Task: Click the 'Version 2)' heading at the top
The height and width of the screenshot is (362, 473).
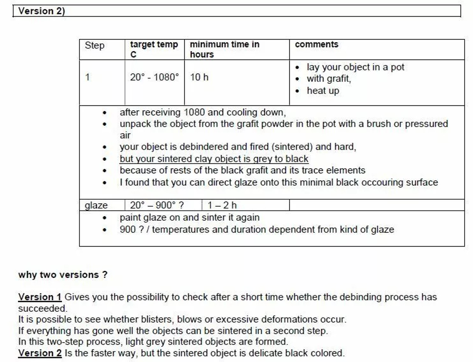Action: pos(41,11)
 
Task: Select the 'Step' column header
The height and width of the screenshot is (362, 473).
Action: pos(95,45)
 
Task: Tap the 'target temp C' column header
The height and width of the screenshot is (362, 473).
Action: pos(154,49)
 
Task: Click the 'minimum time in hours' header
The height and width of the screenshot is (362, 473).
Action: pos(224,49)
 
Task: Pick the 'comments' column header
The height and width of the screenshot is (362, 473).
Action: pos(316,44)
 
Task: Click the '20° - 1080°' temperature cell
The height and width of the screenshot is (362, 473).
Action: pos(154,77)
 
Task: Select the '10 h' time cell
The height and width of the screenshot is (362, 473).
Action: pos(199,77)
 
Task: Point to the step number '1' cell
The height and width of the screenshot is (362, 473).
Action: pos(88,77)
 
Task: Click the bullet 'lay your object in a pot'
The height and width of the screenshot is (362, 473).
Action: pos(355,67)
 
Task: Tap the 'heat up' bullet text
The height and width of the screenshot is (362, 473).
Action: pos(323,91)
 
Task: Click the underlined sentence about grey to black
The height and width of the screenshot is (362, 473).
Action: pos(214,159)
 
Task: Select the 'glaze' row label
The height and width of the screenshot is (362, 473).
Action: pos(96,205)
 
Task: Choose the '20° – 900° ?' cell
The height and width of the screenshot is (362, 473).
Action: pos(157,205)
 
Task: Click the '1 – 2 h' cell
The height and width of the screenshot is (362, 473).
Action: pos(222,205)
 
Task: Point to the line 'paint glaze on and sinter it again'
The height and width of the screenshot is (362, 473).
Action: pos(189,217)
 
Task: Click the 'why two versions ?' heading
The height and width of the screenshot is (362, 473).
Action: pos(63,275)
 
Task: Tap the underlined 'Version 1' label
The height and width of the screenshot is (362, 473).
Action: pos(40,297)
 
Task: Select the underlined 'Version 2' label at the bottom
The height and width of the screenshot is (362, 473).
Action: pos(40,353)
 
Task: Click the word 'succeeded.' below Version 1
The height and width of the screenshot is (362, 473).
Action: pos(42,308)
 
